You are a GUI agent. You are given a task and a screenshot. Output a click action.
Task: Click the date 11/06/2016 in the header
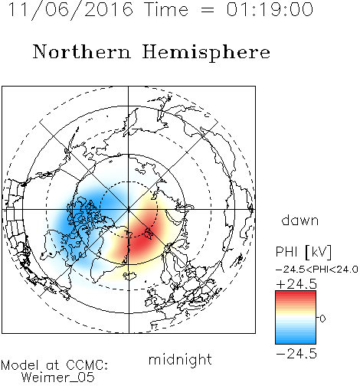70,10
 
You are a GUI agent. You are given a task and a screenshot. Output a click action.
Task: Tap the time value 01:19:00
270,9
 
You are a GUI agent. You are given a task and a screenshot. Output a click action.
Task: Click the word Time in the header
166,9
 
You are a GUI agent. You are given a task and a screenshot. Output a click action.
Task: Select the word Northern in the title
82,52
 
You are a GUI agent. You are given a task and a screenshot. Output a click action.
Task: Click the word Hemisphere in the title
206,53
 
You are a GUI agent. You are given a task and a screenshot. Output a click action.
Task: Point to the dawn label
300,220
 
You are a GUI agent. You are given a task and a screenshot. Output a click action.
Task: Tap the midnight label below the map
180,359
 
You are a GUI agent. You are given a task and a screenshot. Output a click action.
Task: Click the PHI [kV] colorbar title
303,252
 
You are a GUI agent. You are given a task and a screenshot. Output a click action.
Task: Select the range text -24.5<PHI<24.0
317,270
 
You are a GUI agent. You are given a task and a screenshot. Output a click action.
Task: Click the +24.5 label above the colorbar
296,284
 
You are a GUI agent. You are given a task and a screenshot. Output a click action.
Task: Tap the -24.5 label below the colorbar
296,354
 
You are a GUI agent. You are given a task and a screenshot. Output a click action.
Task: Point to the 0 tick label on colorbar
322,319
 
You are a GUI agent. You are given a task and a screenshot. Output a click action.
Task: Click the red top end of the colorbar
296,293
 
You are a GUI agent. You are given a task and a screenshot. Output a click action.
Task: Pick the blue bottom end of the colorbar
296,342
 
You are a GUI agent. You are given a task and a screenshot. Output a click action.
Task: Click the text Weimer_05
58,378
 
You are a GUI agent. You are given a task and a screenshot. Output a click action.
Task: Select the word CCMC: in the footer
87,365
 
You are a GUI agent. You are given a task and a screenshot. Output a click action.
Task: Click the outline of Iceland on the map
129,276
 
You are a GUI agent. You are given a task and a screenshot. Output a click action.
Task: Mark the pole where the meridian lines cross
129,210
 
